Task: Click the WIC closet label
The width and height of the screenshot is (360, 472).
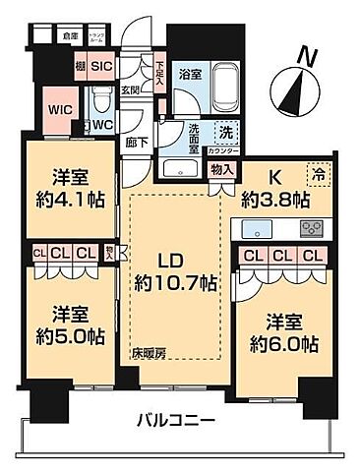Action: tap(57, 111)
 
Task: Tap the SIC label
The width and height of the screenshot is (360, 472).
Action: tap(102, 67)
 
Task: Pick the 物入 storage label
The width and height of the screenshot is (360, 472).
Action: tap(222, 168)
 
